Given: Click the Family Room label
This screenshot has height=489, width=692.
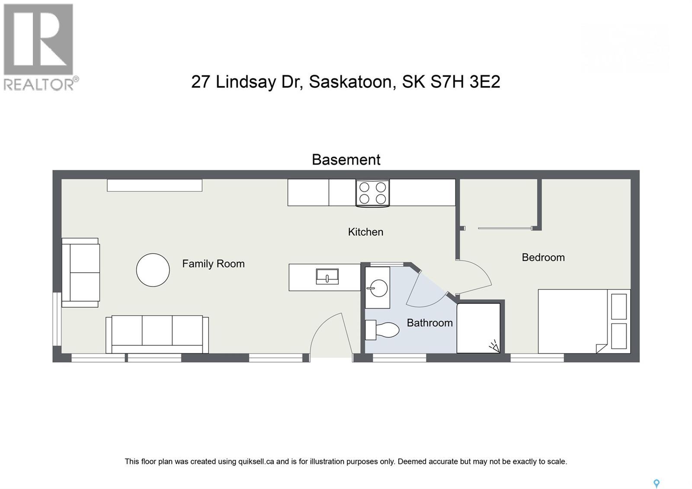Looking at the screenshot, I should click(x=213, y=264).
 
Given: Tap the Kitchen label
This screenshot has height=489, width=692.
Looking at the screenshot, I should click(x=365, y=232).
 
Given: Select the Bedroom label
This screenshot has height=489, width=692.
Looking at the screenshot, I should click(x=543, y=257).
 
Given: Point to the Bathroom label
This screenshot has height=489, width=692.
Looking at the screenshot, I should click(x=429, y=323).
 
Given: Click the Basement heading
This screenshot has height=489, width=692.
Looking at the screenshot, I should click(x=346, y=160).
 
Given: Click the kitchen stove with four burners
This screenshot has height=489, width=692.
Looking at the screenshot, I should click(x=372, y=193).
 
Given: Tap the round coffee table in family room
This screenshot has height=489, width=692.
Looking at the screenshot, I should click(x=153, y=270).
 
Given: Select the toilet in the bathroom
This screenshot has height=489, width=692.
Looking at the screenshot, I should click(x=382, y=330).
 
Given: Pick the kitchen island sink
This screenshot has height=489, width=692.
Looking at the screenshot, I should click(x=327, y=276).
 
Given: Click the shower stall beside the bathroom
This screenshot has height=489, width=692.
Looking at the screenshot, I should click(x=478, y=328).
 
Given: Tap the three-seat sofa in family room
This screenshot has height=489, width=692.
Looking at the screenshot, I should click(x=157, y=334).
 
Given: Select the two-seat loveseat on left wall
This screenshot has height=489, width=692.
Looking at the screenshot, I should click(x=81, y=273).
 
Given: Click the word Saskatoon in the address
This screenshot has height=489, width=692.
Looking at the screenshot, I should click(x=350, y=81).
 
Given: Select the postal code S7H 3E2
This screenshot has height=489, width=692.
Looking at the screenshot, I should click(x=465, y=81).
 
